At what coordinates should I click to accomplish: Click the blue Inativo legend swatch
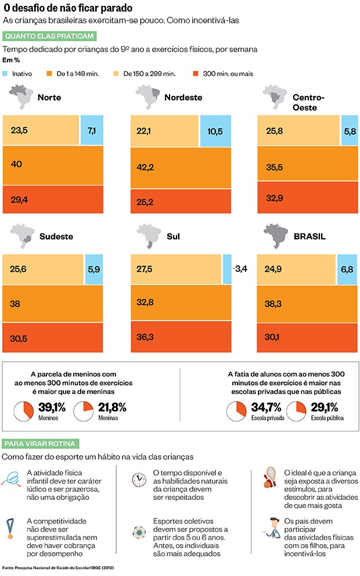point(7,74)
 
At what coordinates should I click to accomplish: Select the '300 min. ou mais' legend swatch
point(195,74)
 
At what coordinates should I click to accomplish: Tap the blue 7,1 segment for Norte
point(91,130)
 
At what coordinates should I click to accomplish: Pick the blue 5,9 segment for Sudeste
point(94,268)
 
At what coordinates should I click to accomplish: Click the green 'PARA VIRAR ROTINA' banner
point(39,443)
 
